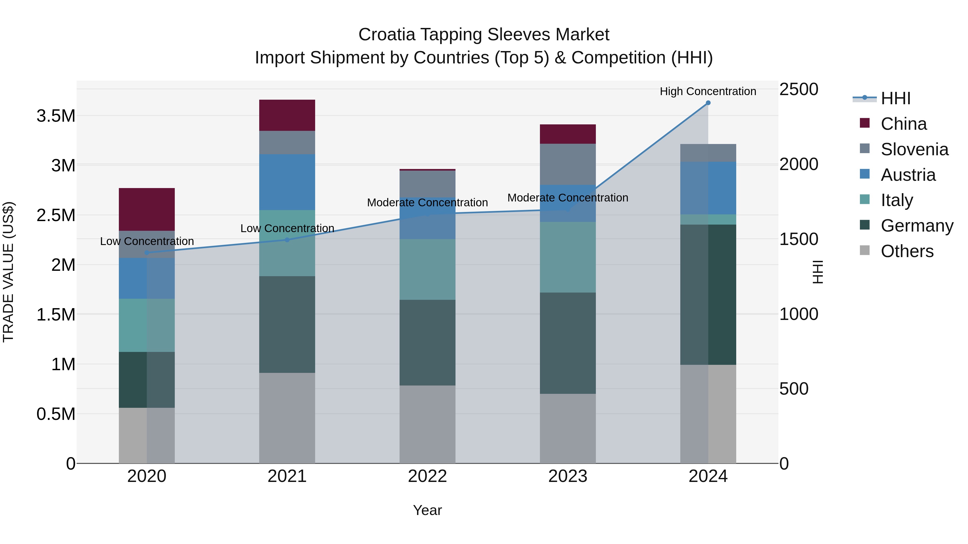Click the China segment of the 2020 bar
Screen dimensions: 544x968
click(147, 209)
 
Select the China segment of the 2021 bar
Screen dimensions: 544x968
click(287, 115)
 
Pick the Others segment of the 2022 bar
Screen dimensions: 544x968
click(427, 424)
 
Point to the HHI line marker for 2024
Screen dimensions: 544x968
click(708, 103)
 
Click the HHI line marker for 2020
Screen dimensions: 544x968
click(147, 253)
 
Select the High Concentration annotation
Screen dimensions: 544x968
click(708, 91)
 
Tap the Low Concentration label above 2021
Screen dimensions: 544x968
click(287, 228)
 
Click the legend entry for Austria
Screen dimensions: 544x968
click(907, 175)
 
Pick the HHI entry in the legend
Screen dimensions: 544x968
click(895, 98)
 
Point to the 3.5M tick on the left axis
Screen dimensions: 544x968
click(56, 116)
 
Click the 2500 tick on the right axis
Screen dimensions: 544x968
click(799, 89)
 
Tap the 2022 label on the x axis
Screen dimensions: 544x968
click(427, 476)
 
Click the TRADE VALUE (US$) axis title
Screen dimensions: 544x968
click(8, 272)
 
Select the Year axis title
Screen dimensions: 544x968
click(427, 510)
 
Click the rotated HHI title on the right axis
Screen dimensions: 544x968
click(818, 272)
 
